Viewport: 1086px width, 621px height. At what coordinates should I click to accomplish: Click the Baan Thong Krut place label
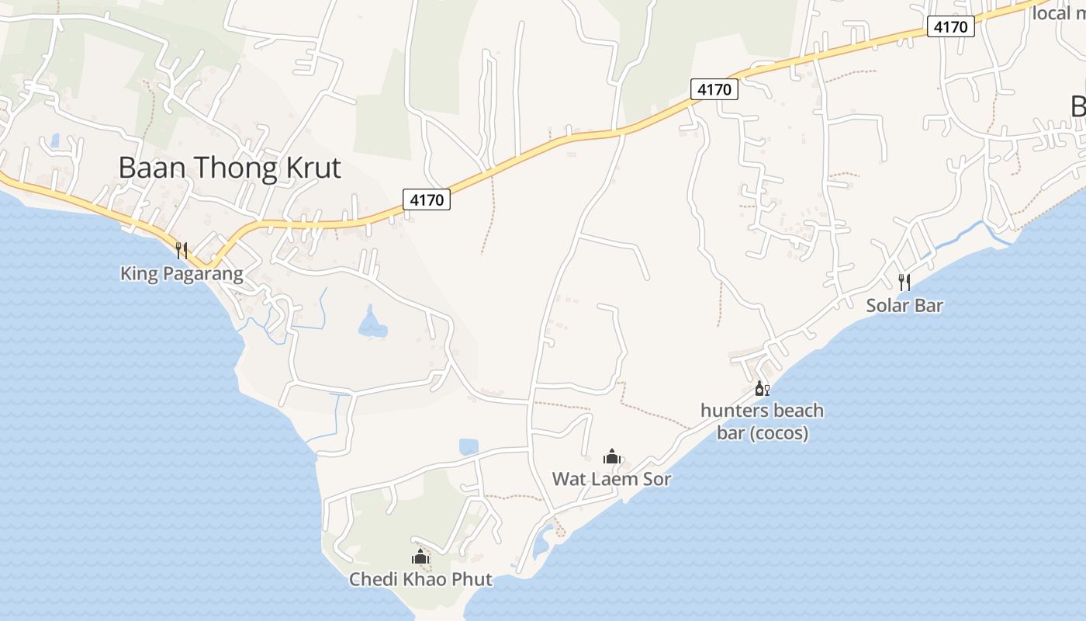tap(230, 168)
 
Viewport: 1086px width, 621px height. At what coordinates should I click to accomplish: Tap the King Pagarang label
tap(182, 274)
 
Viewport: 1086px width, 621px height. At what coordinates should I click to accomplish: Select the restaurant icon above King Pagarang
tap(182, 250)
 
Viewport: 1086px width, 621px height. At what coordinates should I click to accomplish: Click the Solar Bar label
tap(904, 305)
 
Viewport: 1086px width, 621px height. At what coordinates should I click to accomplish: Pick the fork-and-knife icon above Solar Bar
tap(904, 282)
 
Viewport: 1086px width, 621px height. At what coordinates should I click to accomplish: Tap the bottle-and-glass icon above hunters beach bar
tap(762, 388)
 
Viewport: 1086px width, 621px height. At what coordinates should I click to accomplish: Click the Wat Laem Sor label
tap(611, 479)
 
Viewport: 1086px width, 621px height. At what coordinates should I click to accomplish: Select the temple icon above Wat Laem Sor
tap(611, 456)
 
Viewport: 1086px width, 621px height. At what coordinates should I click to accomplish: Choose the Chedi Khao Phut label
tap(420, 579)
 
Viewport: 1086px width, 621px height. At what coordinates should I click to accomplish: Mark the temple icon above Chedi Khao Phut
tap(420, 557)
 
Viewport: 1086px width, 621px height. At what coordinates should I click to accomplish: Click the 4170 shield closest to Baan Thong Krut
tap(427, 199)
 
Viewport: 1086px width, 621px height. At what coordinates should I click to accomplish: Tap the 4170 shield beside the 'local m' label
tap(951, 27)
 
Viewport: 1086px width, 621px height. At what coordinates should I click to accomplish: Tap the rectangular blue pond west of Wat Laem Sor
tap(469, 446)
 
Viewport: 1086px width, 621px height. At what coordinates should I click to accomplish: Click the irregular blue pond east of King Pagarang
tap(372, 324)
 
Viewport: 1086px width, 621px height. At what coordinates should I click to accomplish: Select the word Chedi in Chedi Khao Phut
tap(371, 579)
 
